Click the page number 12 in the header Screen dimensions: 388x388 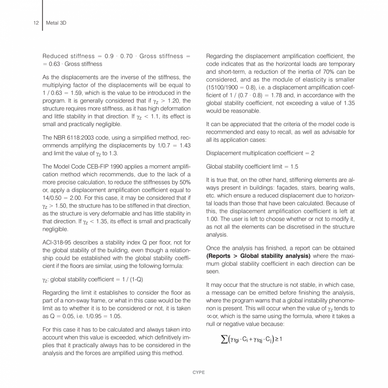36,23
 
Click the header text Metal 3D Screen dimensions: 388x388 56,23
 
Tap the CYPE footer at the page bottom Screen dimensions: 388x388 194,373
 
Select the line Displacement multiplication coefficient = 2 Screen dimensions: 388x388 260,153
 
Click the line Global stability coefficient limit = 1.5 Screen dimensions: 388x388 252,167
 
